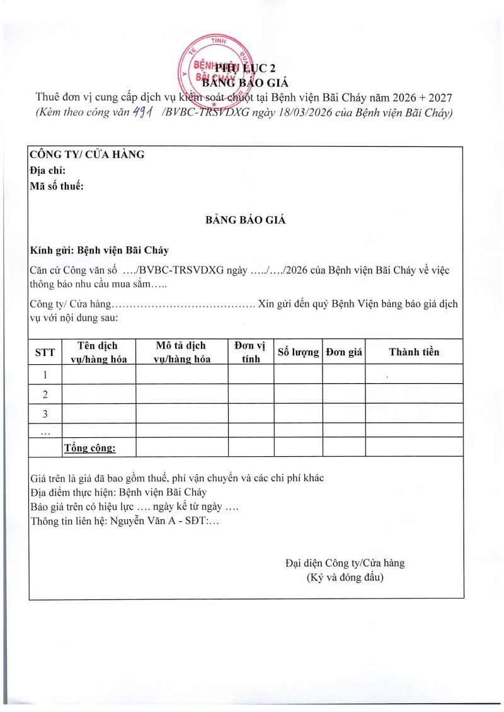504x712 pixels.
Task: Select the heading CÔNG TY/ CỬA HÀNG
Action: click(87, 154)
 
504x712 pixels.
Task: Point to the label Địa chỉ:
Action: click(47, 170)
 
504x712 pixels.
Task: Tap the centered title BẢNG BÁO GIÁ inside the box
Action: click(246, 220)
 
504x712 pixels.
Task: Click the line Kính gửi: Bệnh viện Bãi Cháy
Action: click(100, 250)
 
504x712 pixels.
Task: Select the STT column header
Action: click(45, 352)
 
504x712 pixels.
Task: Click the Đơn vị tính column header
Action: click(251, 352)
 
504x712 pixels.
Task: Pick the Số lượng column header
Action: click(298, 352)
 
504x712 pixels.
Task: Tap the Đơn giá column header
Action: click(344, 352)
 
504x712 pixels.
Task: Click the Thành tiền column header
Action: click(414, 352)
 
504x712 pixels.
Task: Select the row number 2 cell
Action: click(45, 394)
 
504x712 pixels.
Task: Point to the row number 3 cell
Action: click(45, 414)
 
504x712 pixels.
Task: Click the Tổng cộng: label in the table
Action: click(90, 448)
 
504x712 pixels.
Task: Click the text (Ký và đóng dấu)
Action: click(345, 577)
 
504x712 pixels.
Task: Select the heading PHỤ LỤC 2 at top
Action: click(246, 69)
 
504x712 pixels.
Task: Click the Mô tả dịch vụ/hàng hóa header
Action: click(181, 352)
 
